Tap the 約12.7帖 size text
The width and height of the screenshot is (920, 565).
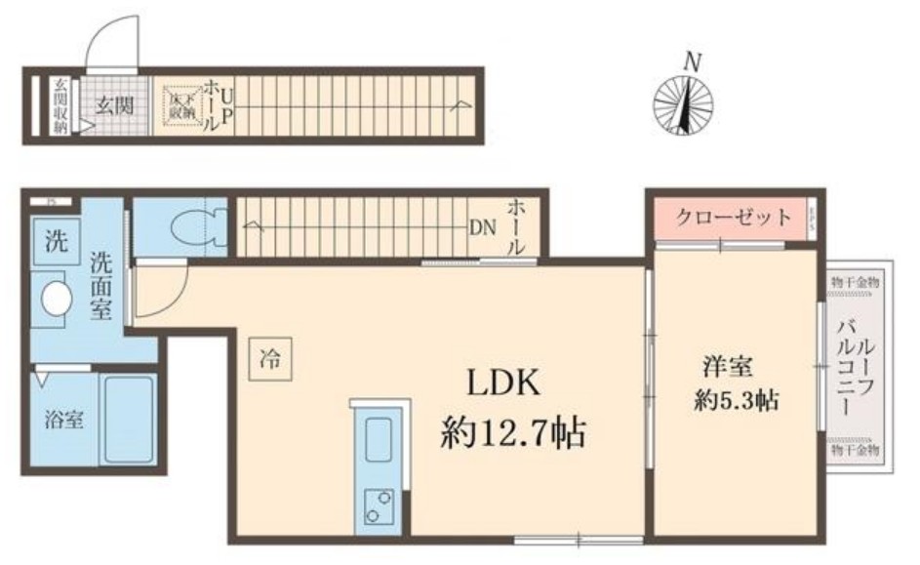[x=514, y=430]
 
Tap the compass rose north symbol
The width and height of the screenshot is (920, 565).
[x=683, y=105]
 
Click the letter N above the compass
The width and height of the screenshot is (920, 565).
[x=692, y=61]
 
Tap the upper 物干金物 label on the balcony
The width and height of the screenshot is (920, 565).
[x=855, y=281]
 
